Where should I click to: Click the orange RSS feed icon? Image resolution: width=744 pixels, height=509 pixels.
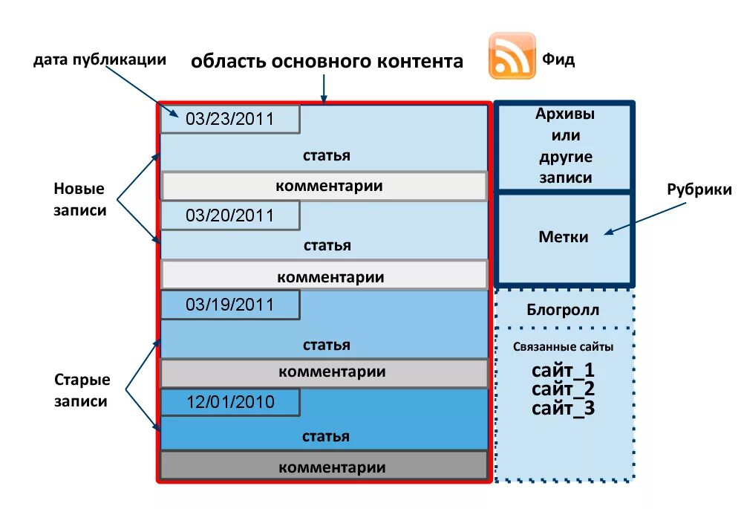tap(512, 55)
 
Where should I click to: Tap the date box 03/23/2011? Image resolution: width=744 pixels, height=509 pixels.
tap(230, 119)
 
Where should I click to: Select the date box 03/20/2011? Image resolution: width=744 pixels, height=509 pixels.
tap(230, 215)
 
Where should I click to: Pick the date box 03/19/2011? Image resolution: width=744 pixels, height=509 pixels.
tap(230, 305)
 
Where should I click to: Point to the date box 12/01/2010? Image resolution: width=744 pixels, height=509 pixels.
tap(230, 402)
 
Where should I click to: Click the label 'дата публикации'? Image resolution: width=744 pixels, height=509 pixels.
tap(99, 60)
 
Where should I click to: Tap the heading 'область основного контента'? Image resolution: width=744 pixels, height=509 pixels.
tap(327, 61)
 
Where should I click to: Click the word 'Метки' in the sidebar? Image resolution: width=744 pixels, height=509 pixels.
tap(563, 237)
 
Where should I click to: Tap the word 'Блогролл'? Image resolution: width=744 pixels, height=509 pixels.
tap(563, 310)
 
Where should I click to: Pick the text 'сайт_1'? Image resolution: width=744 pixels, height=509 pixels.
tap(563, 370)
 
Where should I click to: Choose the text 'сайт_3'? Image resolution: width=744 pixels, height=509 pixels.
tap(563, 407)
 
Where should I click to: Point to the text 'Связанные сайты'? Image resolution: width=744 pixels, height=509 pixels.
tap(563, 347)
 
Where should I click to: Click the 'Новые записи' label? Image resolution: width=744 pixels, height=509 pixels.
tap(79, 199)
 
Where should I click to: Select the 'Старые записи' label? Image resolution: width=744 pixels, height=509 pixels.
tap(82, 391)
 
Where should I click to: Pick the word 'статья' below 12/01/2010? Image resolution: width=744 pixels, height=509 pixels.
tap(326, 436)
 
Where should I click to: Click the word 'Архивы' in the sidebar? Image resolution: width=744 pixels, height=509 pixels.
tap(565, 114)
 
